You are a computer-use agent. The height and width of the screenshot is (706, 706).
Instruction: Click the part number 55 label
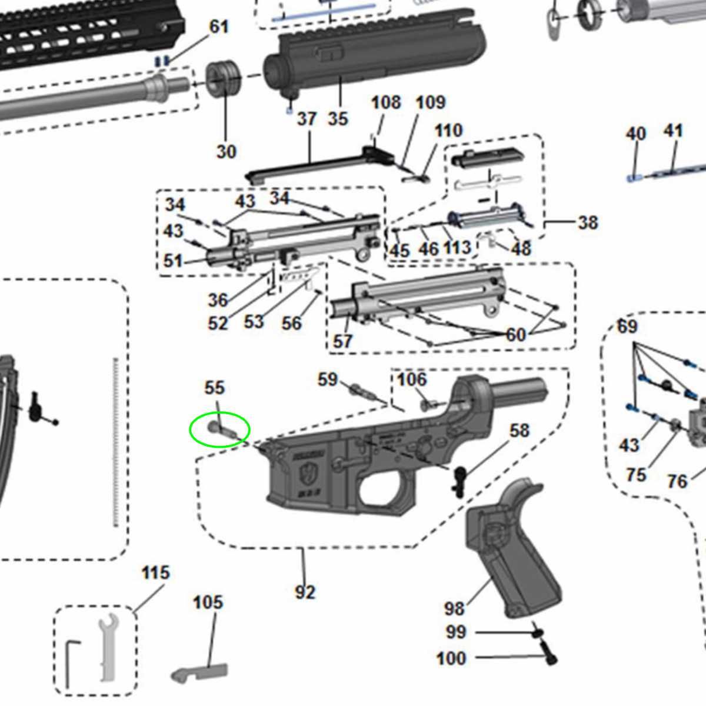[x=215, y=388]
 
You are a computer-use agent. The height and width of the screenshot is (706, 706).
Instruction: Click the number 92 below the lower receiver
[x=305, y=592]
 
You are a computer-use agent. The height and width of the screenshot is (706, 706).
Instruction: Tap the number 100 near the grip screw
[x=451, y=658]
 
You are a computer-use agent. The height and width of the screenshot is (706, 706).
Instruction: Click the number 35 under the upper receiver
[x=338, y=119]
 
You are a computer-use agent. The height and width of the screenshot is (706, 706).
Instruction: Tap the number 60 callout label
[x=516, y=334]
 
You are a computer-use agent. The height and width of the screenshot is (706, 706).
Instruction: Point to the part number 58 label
[x=519, y=431]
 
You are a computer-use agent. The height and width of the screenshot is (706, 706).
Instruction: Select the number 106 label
[x=412, y=379]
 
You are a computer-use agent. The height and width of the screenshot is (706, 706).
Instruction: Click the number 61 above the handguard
[x=219, y=26]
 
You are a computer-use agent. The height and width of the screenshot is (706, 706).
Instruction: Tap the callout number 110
[x=448, y=130]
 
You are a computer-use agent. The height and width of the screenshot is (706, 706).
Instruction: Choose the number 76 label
[x=677, y=481]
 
